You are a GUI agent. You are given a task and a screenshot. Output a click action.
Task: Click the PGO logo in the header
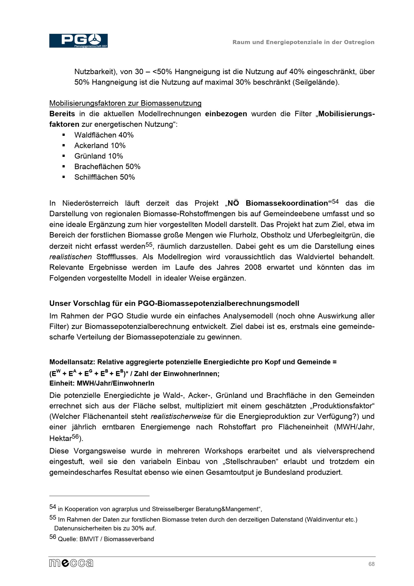78,41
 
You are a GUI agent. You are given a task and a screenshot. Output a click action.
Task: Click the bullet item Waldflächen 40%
104,135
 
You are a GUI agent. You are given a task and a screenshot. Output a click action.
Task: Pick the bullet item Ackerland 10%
100,146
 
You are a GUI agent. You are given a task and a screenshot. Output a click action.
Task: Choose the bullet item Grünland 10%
99,156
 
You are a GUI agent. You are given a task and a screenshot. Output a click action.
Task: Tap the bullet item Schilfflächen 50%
104,177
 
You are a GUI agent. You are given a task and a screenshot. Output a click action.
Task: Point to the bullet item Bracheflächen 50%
107,167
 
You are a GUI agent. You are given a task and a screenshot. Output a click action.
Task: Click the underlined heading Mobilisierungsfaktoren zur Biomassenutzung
125,103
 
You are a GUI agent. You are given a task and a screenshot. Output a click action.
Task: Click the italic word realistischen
70,257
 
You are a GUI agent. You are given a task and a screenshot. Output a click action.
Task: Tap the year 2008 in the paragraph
253,267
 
